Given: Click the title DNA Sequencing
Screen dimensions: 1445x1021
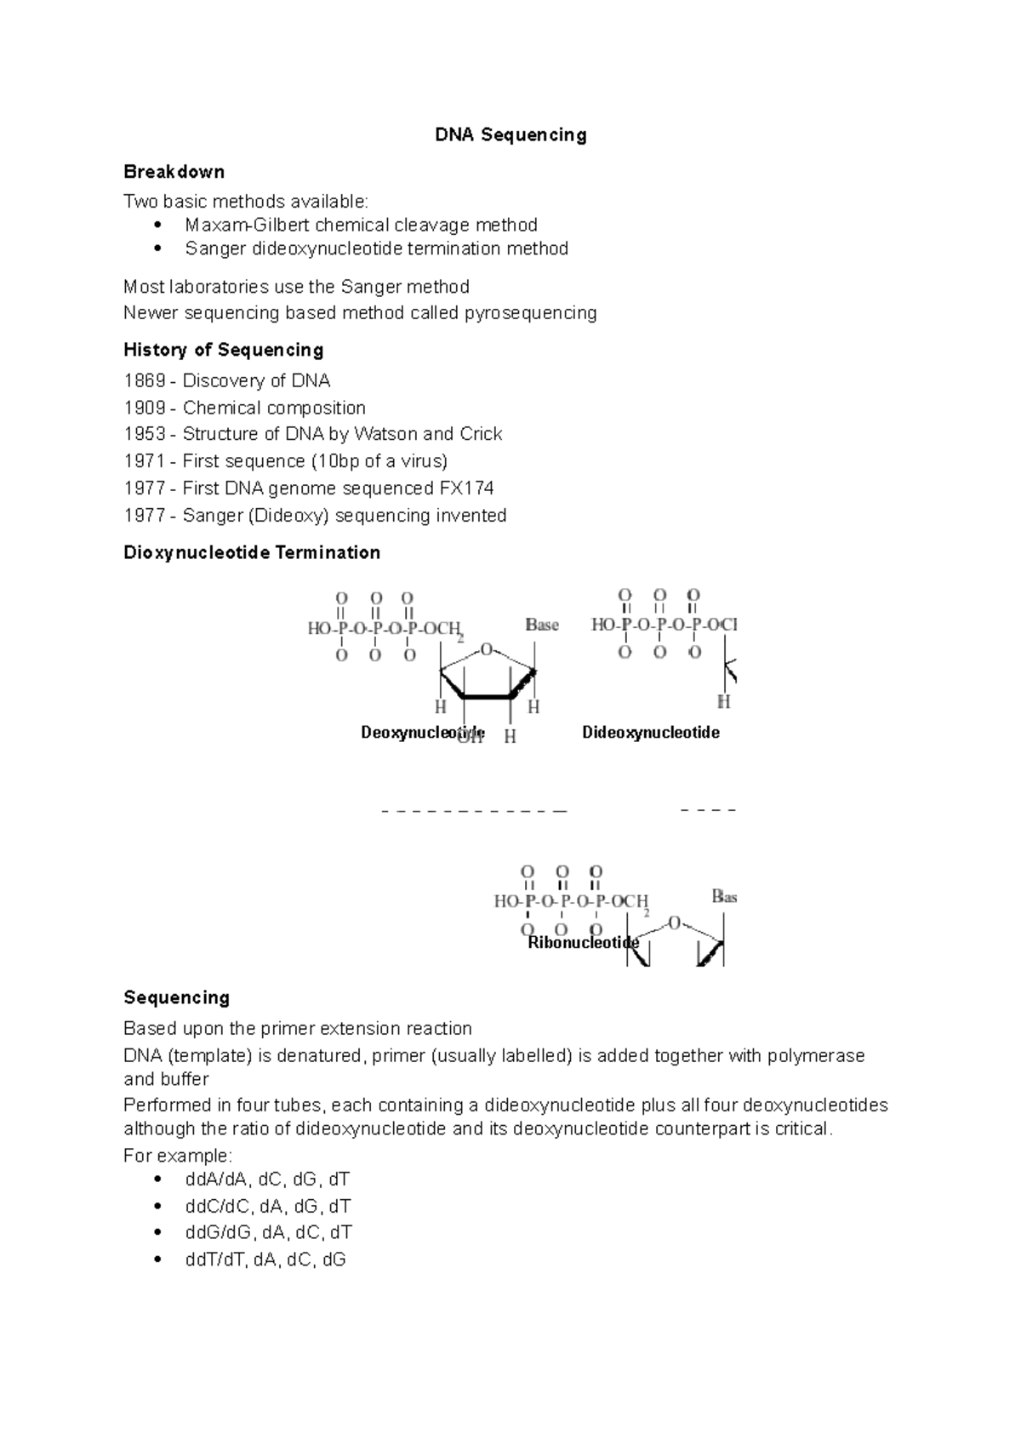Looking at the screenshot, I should tap(510, 135).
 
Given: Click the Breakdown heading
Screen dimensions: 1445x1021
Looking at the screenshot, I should tap(174, 172).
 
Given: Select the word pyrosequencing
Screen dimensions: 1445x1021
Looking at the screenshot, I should tap(530, 313).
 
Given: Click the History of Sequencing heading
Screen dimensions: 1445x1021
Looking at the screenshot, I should tap(223, 350).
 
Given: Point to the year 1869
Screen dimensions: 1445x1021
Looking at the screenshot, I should tap(144, 380).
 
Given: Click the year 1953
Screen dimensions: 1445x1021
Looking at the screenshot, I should tap(144, 434).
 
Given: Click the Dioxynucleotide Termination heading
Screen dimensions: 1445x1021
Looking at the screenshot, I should tap(251, 553).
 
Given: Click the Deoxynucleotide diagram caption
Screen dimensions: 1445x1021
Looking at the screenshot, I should tap(422, 733).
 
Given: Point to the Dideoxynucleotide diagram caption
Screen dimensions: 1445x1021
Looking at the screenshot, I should tap(650, 733).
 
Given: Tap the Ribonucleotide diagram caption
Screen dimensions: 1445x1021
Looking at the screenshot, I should tap(583, 943).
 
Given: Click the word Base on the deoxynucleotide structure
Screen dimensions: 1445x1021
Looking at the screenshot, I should tap(542, 625).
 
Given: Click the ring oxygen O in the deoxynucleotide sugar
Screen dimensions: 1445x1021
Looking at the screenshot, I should tap(487, 650).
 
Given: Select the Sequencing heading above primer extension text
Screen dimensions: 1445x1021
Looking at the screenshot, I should tap(176, 997).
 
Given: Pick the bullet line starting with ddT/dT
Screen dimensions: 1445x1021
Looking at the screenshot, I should tap(265, 1260).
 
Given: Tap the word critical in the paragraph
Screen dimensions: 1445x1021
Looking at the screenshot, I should tap(803, 1129).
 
